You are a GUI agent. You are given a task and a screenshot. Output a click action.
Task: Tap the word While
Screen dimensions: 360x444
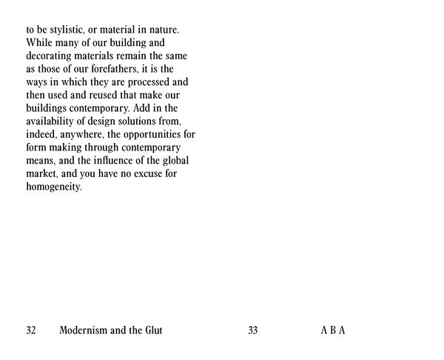pos(39,44)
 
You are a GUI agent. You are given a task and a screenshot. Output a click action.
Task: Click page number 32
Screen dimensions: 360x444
pos(31,330)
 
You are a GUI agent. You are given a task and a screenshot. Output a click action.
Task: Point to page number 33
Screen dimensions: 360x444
pos(253,330)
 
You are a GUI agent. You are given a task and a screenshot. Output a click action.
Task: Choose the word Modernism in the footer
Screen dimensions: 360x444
pos(85,330)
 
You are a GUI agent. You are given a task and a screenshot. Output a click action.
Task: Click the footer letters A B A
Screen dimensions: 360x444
pos(333,330)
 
